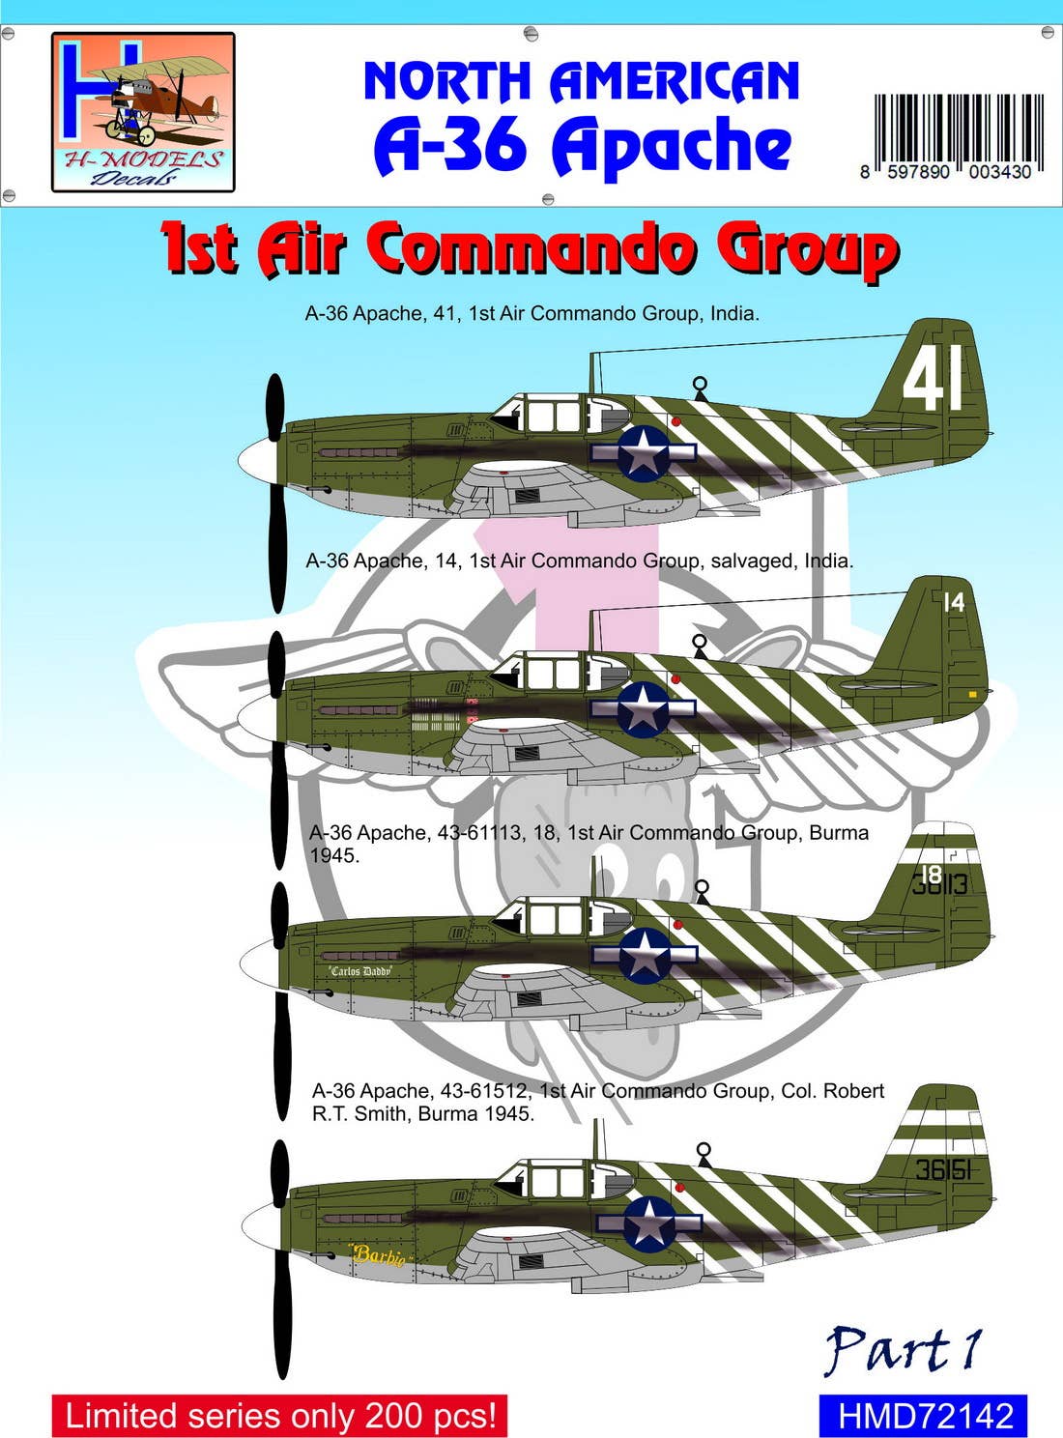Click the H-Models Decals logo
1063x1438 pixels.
click(143, 112)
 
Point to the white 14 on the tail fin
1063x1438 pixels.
click(954, 602)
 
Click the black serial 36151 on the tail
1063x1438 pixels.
click(942, 1170)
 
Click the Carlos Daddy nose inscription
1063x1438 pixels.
click(359, 971)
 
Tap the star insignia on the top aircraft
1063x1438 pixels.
click(644, 452)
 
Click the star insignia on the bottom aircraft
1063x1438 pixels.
click(648, 1222)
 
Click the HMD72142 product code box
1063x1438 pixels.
click(923, 1417)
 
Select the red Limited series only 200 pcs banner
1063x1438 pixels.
click(279, 1416)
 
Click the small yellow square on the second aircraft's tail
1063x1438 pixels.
click(972, 694)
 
